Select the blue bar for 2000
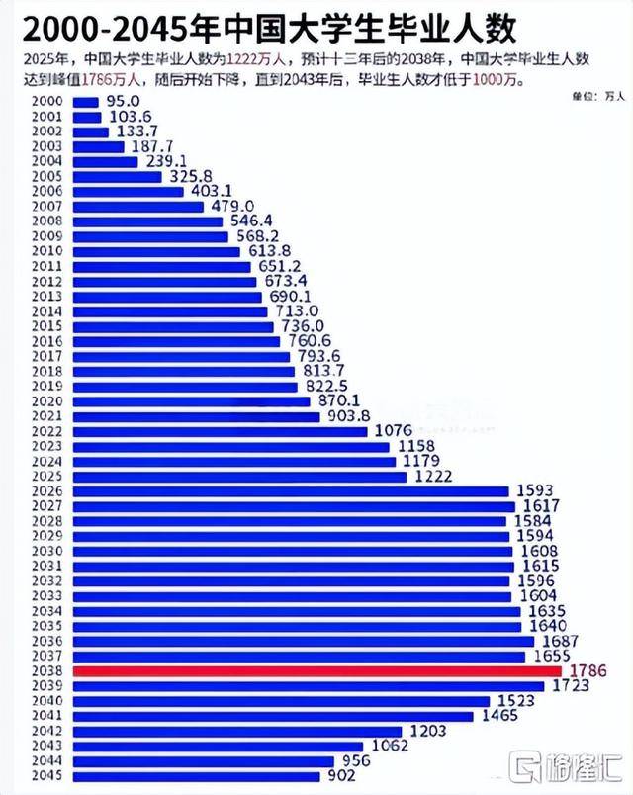click(x=85, y=101)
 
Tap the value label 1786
click(x=586, y=671)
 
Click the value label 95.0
click(x=122, y=101)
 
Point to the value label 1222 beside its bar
click(x=433, y=477)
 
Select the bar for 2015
click(x=172, y=326)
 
